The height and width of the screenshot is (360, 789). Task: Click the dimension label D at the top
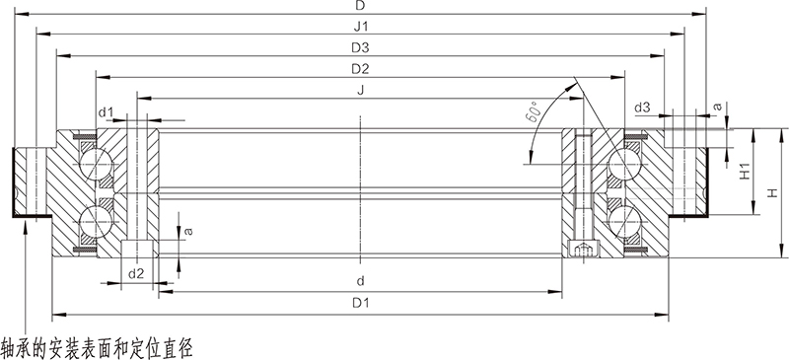pyautogui.click(x=360, y=6)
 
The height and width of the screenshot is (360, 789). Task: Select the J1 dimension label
pyautogui.click(x=360, y=27)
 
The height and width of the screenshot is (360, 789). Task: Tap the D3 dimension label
pyautogui.click(x=360, y=48)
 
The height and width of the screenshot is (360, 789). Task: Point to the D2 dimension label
pyautogui.click(x=360, y=69)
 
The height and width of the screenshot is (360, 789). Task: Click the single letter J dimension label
pyautogui.click(x=360, y=91)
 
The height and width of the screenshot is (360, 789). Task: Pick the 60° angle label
pyautogui.click(x=532, y=111)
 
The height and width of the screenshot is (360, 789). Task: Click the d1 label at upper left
pyautogui.click(x=106, y=112)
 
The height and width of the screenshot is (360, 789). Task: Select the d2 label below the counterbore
pyautogui.click(x=136, y=274)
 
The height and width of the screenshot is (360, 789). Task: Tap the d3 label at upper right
pyautogui.click(x=642, y=108)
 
